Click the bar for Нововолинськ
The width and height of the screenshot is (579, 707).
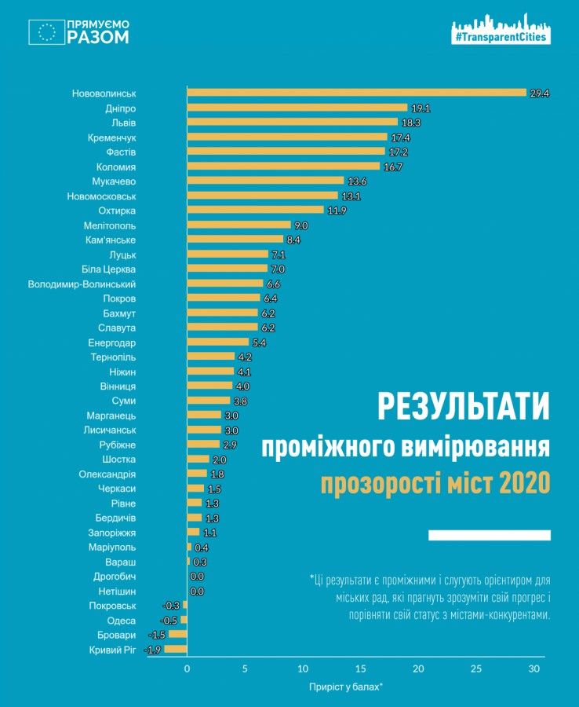[x=356, y=93]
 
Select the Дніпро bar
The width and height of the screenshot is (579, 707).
[x=297, y=108]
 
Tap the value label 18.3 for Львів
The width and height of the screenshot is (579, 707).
[x=409, y=123]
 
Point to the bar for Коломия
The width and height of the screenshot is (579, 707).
[x=283, y=167]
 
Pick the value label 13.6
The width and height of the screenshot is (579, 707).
[x=357, y=181]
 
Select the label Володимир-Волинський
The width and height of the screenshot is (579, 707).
[x=82, y=284]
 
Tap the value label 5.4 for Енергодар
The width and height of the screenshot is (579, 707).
[x=260, y=343]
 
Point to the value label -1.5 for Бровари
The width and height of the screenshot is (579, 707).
[x=157, y=635]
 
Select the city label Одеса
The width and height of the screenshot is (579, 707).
[x=121, y=620]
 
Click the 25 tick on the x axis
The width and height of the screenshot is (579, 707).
[x=475, y=669]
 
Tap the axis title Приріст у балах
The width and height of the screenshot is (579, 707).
[x=346, y=687]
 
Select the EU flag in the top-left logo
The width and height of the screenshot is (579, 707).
[x=46, y=32]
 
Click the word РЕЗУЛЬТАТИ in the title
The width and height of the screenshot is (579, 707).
[x=463, y=407]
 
